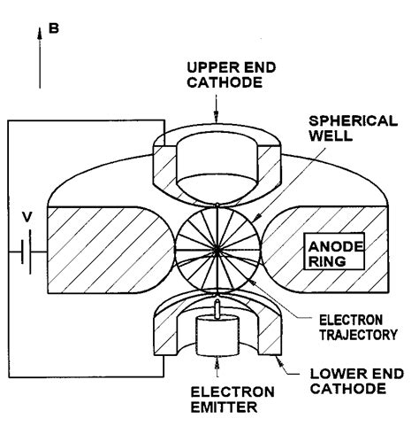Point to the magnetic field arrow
(39, 62)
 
